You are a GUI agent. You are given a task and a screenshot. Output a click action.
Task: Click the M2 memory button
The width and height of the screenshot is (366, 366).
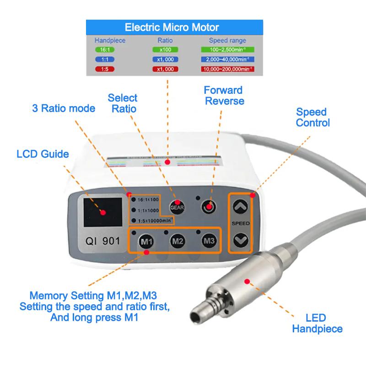(178, 241)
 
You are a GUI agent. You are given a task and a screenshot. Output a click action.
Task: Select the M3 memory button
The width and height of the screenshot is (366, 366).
(209, 240)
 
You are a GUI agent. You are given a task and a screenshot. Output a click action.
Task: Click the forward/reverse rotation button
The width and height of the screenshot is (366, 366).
(209, 206)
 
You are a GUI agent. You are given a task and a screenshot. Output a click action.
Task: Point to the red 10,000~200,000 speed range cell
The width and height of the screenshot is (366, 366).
(227, 69)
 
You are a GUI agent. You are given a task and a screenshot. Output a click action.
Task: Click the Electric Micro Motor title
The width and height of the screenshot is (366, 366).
(175, 27)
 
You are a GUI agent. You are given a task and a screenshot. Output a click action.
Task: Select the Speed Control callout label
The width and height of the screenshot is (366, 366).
(312, 117)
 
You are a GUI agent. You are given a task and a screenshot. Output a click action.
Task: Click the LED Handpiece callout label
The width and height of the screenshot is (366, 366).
(317, 323)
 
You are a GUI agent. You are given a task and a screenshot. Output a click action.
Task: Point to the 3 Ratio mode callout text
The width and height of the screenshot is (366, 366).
(64, 108)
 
